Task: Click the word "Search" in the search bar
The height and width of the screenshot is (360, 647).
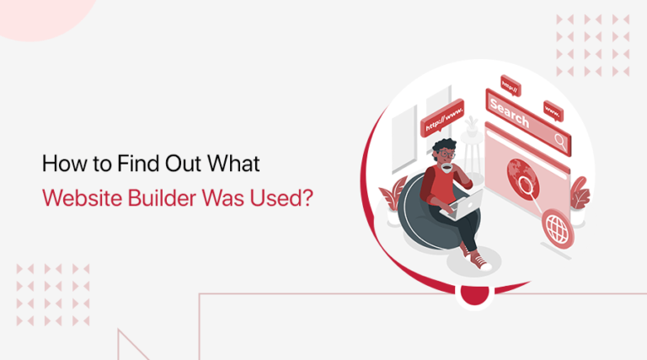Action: point(509,111)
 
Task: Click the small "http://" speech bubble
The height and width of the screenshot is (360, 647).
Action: point(510,85)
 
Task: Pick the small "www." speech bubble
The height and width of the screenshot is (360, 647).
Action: point(553,109)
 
